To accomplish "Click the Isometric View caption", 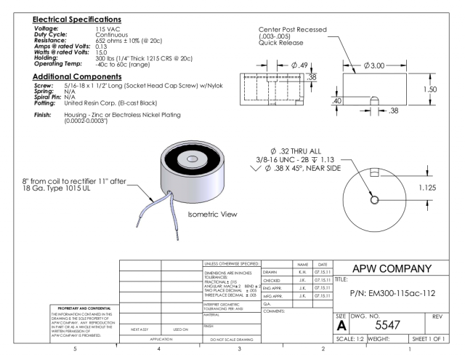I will [x=213, y=216].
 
